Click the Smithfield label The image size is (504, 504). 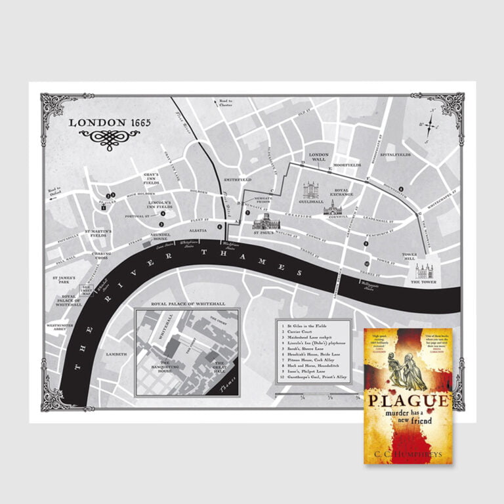click(x=238, y=178)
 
